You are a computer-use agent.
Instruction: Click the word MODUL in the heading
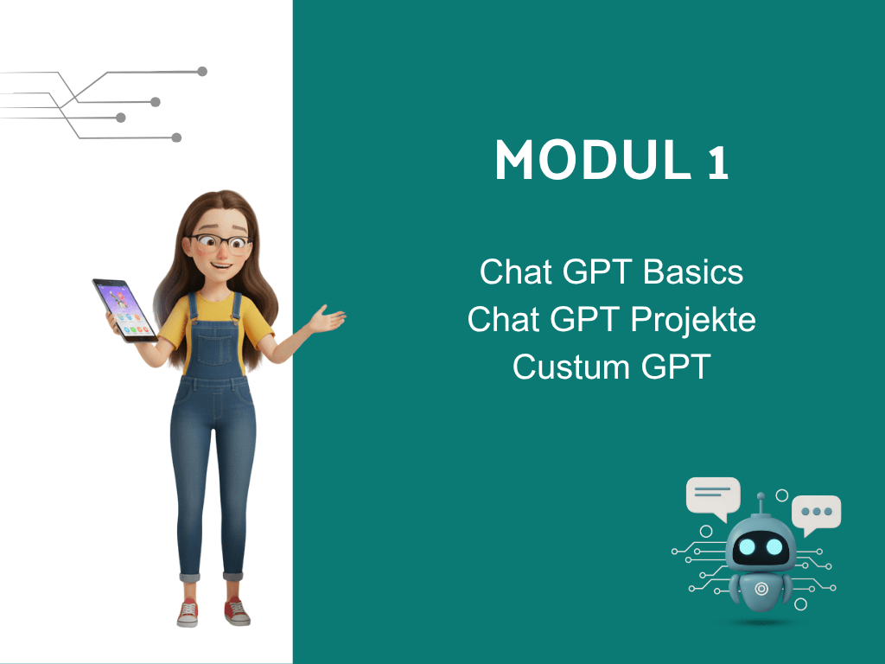point(593,160)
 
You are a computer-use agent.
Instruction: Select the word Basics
point(693,272)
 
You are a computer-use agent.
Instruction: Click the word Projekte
point(693,321)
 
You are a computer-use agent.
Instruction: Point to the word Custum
point(570,367)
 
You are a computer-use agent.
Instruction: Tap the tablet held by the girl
point(124,310)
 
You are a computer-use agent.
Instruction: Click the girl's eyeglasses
point(220,243)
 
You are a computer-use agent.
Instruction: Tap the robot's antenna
point(761,504)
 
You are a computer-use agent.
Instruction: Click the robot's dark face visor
point(761,546)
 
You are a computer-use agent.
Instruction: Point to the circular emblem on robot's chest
point(761,590)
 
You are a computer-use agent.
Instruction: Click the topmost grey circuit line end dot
point(202,71)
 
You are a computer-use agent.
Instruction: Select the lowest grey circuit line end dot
point(176,137)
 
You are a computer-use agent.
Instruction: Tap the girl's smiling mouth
point(220,265)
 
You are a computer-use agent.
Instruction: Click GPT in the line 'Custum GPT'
point(676,367)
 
